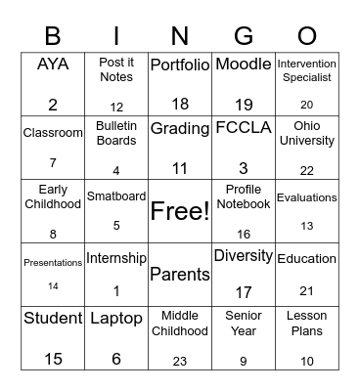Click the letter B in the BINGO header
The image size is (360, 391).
pos(53,35)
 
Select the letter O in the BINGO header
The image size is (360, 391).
pos(306,35)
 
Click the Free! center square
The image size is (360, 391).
pos(180,210)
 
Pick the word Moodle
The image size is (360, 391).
pos(244,65)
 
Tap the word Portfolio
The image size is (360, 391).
pos(180,65)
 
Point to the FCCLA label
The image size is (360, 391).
pos(244,128)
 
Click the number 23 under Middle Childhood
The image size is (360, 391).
pos(180,361)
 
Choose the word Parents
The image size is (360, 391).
pos(180,275)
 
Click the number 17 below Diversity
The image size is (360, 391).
pos(244,291)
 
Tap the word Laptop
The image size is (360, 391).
pos(116,318)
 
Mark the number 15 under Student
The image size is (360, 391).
pos(53,360)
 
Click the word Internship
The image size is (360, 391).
pos(116,259)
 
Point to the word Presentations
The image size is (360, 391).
pos(53,261)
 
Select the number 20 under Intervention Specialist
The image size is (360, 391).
pos(307,105)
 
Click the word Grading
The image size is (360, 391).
pos(180,127)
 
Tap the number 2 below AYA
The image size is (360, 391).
pos(53,105)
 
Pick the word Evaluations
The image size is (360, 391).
pos(307,197)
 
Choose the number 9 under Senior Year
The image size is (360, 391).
pos(244,361)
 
